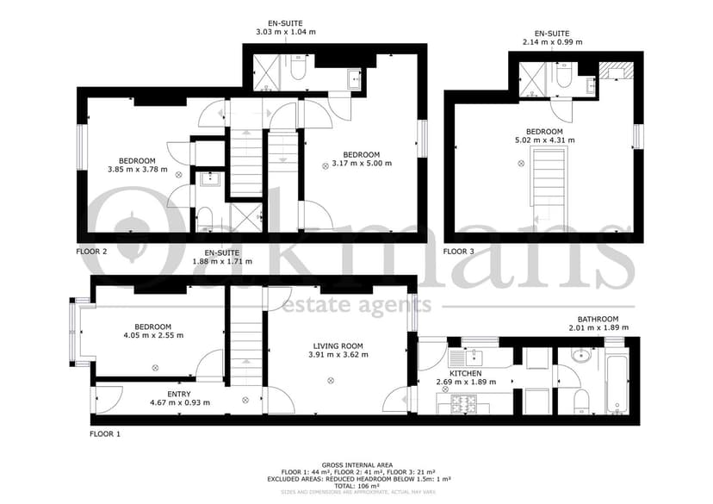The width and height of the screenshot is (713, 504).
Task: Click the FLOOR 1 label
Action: click(105, 435)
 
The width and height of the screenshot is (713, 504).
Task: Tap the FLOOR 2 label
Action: click(91, 252)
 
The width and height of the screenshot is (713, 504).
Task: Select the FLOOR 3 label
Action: click(458, 252)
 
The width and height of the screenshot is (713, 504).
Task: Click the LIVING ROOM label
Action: click(338, 345)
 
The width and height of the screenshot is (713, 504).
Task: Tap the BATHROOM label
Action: click(598, 318)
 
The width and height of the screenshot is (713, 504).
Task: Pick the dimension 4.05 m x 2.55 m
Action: click(153, 336)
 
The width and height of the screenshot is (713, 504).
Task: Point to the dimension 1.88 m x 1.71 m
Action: click(222, 261)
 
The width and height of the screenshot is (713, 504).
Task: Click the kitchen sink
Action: click(474, 356)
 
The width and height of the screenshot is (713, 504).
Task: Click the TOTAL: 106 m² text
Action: click(357, 485)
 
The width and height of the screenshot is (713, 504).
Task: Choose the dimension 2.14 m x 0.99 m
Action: click(552, 41)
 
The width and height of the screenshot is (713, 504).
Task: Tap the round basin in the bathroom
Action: click(579, 354)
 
